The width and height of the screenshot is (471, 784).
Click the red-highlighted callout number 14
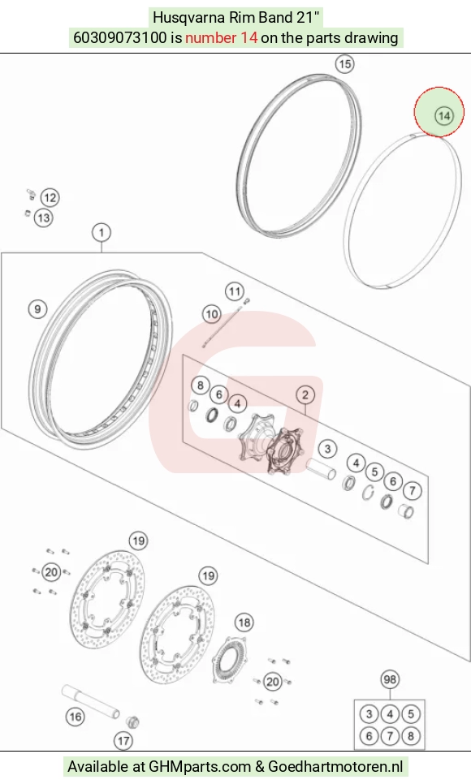click(443, 116)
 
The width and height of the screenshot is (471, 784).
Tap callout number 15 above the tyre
click(344, 64)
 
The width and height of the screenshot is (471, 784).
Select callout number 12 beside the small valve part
click(50, 197)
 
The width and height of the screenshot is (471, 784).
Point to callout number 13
click(44, 218)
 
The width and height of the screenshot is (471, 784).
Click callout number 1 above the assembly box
click(102, 232)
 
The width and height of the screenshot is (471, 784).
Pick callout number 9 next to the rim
click(37, 309)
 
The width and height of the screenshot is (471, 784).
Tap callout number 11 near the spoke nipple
click(234, 291)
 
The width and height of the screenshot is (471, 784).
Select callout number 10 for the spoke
click(212, 314)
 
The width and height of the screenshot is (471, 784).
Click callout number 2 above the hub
click(305, 395)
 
